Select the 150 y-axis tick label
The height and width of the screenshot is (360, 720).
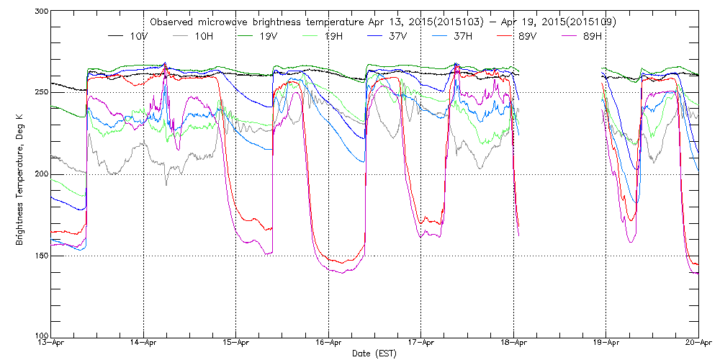click(x=40, y=256)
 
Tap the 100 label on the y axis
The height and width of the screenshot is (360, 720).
click(x=40, y=336)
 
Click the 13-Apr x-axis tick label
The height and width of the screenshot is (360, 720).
click(x=51, y=343)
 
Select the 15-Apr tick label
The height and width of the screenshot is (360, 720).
click(x=236, y=343)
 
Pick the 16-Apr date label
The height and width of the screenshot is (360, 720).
click(x=328, y=343)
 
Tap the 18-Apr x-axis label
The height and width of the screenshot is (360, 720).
click(x=513, y=343)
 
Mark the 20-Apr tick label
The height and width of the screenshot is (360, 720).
click(x=698, y=343)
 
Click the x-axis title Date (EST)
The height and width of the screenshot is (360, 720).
click(x=374, y=354)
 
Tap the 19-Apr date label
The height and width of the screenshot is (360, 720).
click(x=606, y=343)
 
